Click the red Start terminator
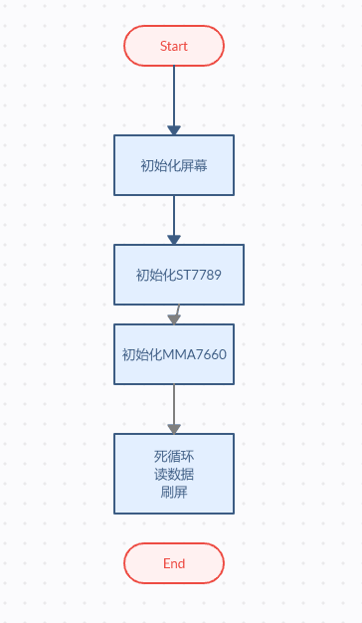click(x=174, y=46)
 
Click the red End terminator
click(x=174, y=563)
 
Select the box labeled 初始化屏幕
click(x=174, y=165)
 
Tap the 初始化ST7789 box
click(x=179, y=275)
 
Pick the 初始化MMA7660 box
click(x=174, y=354)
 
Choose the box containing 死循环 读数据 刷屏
click(x=174, y=474)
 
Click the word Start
click(x=174, y=46)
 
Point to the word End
click(x=174, y=563)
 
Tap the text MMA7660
click(x=195, y=354)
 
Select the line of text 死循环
click(x=174, y=456)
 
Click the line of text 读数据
click(x=174, y=474)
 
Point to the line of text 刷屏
click(x=174, y=492)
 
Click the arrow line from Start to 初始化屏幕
click(x=174, y=101)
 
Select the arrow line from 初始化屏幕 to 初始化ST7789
click(x=174, y=220)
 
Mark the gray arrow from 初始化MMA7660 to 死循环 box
click(x=174, y=409)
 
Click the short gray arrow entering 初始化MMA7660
click(x=175, y=314)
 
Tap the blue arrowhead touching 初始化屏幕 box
click(x=174, y=130)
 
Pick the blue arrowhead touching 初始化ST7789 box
click(x=174, y=240)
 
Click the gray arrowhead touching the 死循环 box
click(x=174, y=429)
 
